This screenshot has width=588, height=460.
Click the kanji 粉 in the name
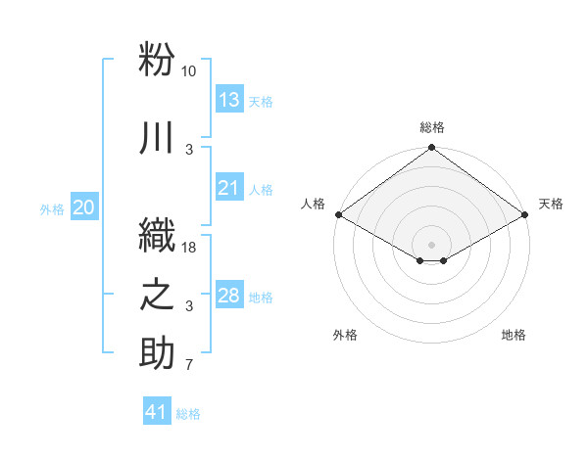[x=157, y=59]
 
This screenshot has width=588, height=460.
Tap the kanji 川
[x=156, y=137]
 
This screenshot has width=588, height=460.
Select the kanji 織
[x=157, y=235]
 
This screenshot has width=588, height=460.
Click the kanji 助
[x=157, y=352]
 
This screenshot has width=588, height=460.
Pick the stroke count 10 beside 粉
[x=188, y=71]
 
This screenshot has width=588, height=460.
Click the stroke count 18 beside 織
[x=188, y=248]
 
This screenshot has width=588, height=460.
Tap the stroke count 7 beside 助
[x=189, y=364]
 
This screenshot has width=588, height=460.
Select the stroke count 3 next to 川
[x=189, y=150]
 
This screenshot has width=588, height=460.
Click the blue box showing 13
[x=229, y=99]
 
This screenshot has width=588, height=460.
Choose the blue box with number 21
[x=229, y=187]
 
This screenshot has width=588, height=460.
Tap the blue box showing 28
[x=229, y=294]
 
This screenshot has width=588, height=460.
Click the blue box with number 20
[x=84, y=207]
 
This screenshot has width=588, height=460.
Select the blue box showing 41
[x=157, y=410]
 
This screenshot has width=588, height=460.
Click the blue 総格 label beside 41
[x=188, y=414]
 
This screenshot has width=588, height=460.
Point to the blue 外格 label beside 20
[x=52, y=209]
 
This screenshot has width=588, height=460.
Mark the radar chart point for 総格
[x=431, y=147]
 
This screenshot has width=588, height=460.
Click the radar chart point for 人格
[x=339, y=214]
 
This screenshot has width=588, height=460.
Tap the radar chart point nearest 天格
[x=524, y=214]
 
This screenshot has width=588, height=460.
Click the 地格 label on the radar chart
[x=514, y=335]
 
